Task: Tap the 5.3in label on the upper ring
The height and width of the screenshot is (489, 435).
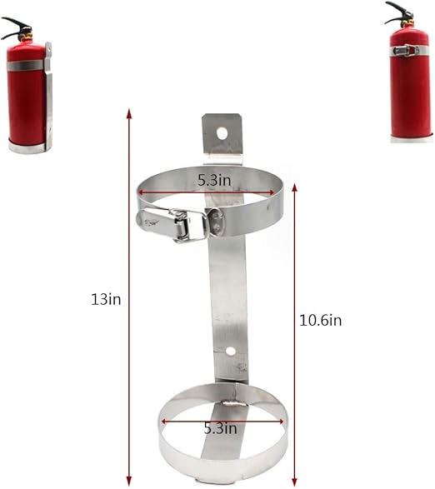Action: (x=215, y=178)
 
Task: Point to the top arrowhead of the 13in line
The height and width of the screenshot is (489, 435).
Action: (x=128, y=112)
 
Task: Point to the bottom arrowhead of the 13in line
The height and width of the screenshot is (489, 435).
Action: (x=128, y=481)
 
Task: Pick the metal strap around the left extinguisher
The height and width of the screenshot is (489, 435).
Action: (x=26, y=65)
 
